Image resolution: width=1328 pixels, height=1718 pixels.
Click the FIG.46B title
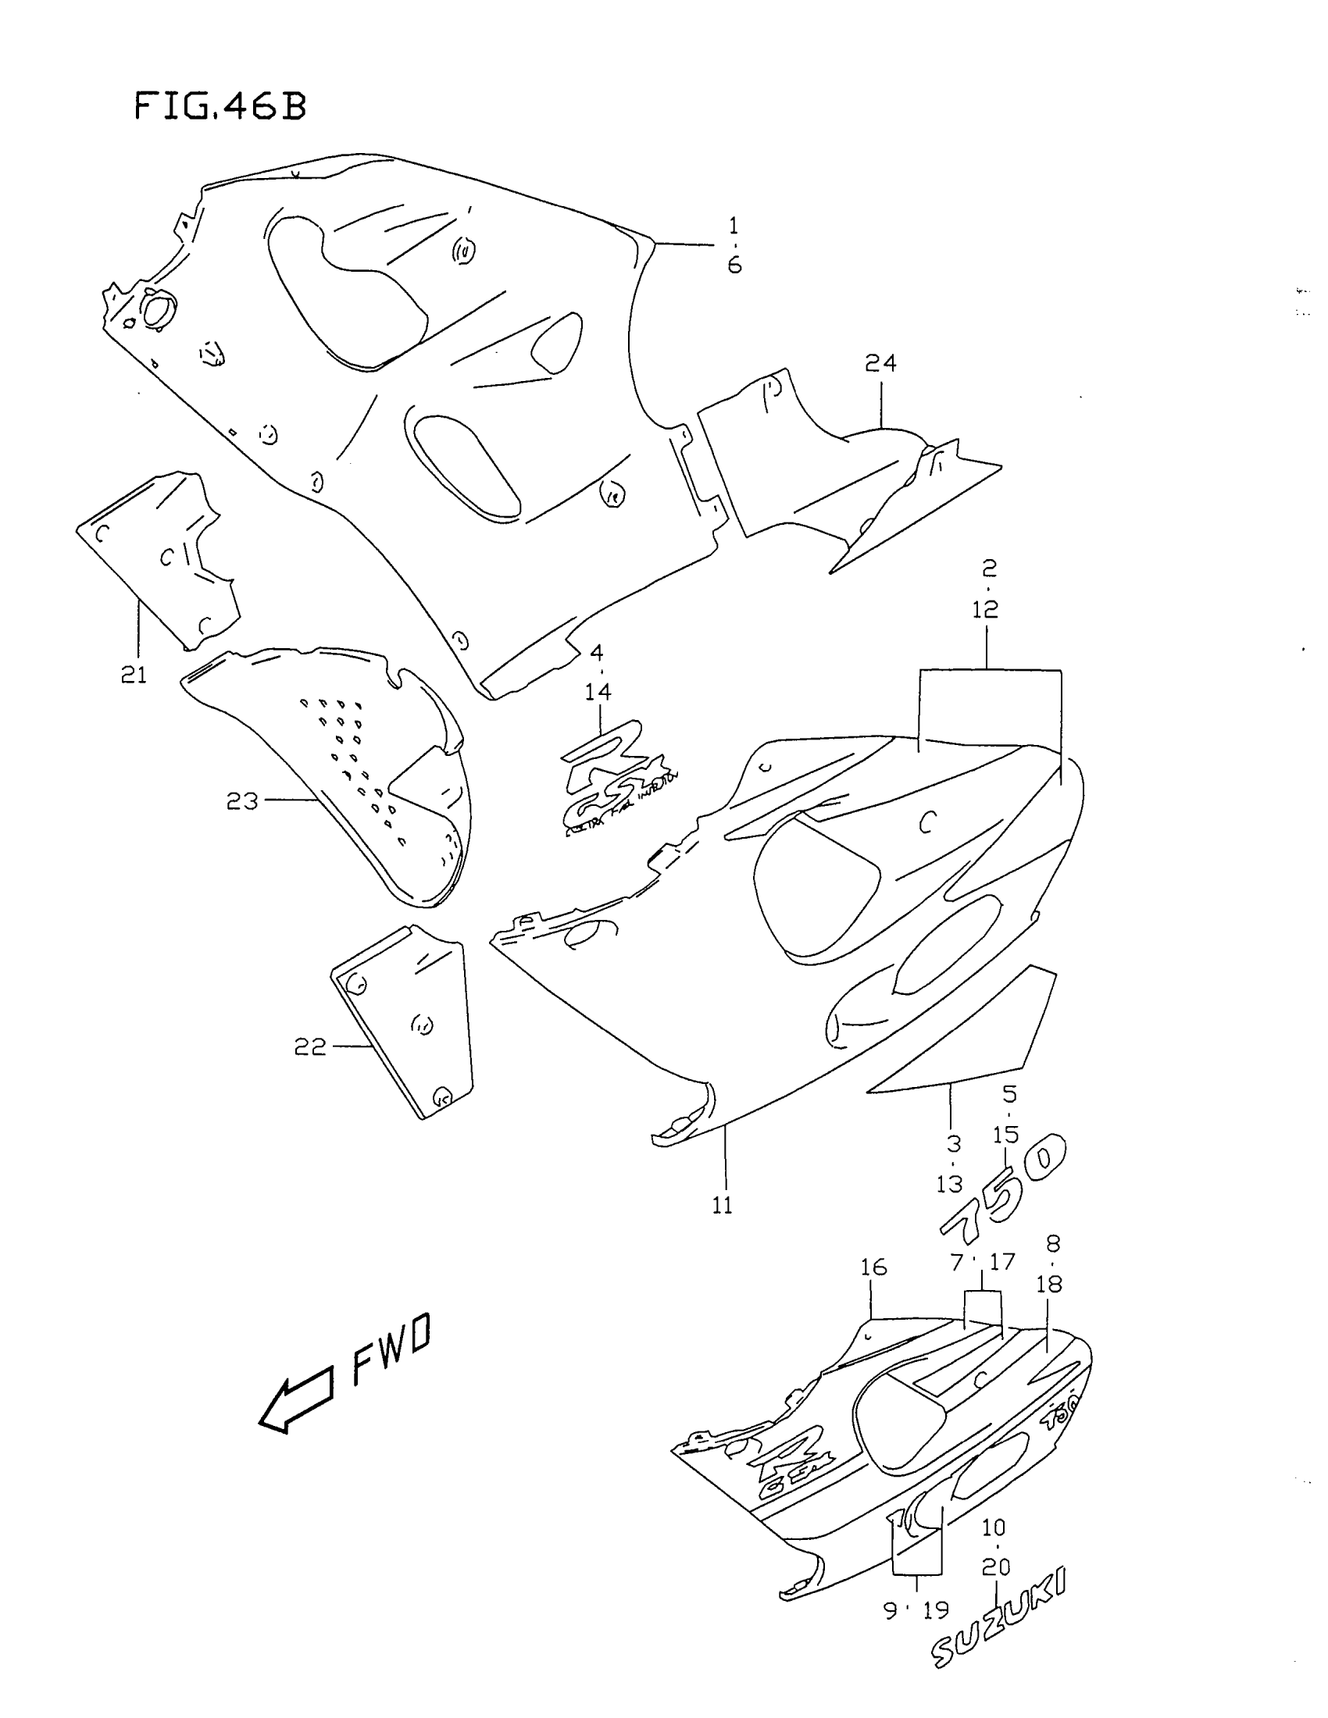coord(220,106)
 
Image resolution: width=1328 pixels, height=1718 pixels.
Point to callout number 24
coord(880,363)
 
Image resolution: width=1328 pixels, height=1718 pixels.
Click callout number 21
coord(134,675)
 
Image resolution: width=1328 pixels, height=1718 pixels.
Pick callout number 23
coord(241,801)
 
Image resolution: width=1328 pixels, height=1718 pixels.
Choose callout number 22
coord(310,1047)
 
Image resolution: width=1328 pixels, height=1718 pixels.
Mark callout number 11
coord(723,1205)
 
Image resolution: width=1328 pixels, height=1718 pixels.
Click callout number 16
coord(873,1267)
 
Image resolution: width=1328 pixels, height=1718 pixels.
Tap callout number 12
coord(985,609)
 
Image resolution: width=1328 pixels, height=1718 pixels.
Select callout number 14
coord(598,692)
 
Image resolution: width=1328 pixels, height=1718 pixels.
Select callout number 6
coord(734,266)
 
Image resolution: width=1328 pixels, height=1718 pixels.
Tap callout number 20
coord(996,1567)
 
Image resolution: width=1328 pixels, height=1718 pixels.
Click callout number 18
coord(1049,1285)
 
